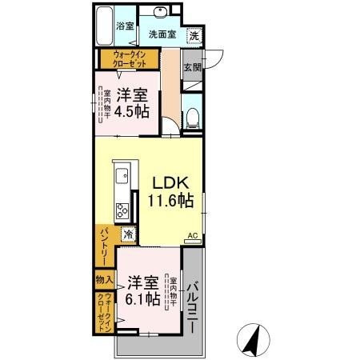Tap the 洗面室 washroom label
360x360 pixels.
click(162, 35)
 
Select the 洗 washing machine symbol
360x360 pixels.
click(194, 36)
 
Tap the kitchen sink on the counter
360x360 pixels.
click(120, 176)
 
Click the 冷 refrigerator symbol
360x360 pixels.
click(127, 234)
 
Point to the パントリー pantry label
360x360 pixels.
click(104, 245)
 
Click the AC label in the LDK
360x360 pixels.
click(192, 235)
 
